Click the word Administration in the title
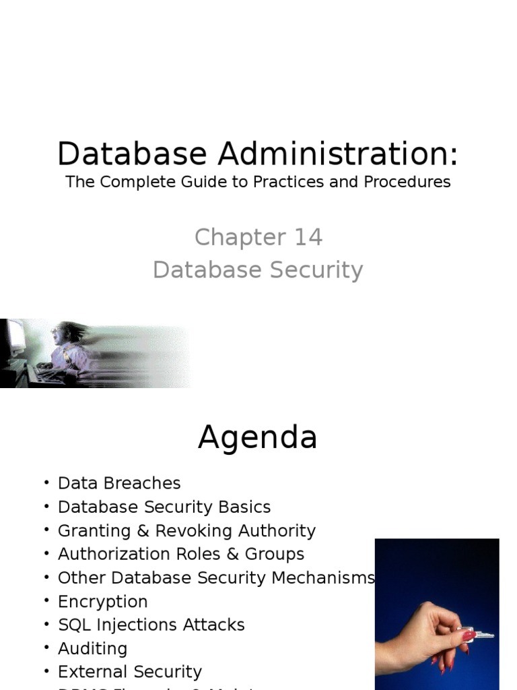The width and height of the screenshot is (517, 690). (x=337, y=154)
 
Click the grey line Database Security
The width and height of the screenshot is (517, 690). (x=258, y=270)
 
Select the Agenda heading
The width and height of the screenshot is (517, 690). (x=258, y=438)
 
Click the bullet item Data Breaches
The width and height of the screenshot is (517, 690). (x=119, y=483)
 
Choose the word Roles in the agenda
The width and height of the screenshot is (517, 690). (x=200, y=554)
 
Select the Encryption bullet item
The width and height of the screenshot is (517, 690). (x=102, y=601)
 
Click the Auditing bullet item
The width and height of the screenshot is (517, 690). (x=92, y=648)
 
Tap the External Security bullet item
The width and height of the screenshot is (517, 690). (x=130, y=672)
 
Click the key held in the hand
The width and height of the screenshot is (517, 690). (x=479, y=634)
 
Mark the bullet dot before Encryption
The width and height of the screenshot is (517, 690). (x=46, y=600)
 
